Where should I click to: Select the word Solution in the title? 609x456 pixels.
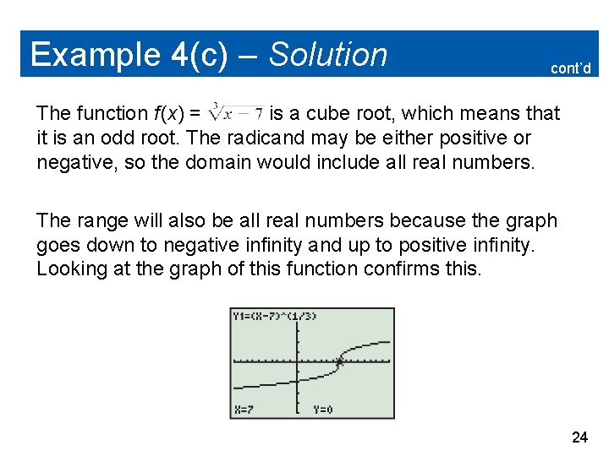click(328, 55)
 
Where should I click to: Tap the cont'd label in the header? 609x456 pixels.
click(571, 68)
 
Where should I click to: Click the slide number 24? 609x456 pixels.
click(579, 437)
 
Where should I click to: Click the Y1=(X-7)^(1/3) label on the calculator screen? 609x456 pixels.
click(272, 316)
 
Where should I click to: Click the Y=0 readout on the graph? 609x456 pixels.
click(321, 409)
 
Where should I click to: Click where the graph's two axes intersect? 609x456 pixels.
click(297, 362)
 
